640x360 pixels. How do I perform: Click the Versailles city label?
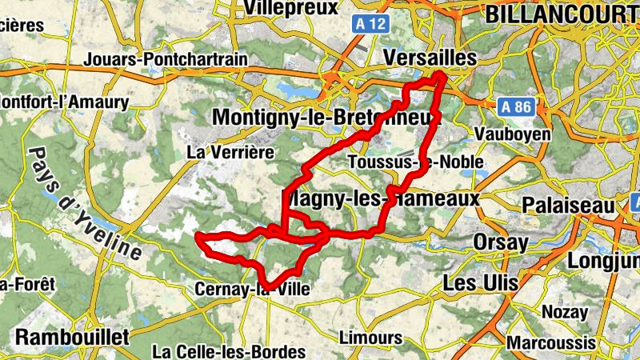430,58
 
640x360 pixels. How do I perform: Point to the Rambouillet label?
72,337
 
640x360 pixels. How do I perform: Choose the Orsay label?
501,242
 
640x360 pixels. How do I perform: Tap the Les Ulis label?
480,282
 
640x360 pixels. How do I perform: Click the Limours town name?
370,337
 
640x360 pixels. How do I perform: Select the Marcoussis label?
556,342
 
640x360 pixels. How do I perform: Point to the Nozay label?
565,311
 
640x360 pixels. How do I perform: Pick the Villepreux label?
290,8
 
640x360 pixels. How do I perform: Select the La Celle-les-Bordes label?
229,351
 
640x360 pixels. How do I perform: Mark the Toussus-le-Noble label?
416,162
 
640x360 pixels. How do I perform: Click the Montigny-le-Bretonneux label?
326,118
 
